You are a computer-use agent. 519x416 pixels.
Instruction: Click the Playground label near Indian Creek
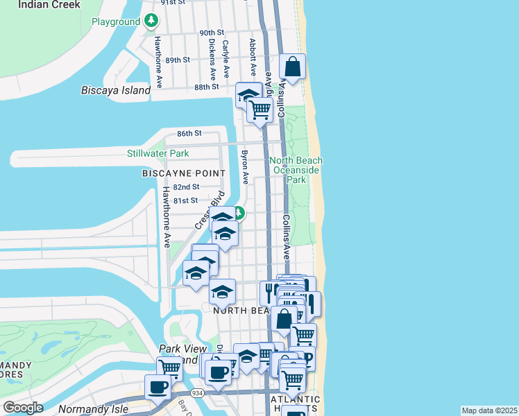pyautogui.click(x=115, y=22)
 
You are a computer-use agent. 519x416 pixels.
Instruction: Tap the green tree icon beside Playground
pyautogui.click(x=151, y=21)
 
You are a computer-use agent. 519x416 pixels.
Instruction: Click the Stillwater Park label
pyautogui.click(x=158, y=153)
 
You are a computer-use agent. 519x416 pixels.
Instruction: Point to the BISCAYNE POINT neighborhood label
pyautogui.click(x=183, y=173)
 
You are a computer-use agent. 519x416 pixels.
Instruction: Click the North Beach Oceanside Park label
pyautogui.click(x=296, y=170)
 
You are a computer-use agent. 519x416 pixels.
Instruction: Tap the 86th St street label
pyautogui.click(x=189, y=133)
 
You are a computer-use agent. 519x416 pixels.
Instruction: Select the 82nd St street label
pyautogui.click(x=186, y=187)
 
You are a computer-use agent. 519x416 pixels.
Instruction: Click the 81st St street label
pyautogui.click(x=185, y=200)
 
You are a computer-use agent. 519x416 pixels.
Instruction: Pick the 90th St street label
pyautogui.click(x=212, y=33)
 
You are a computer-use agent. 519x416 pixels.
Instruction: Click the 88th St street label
pyautogui.click(x=206, y=87)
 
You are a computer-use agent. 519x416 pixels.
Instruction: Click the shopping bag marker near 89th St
pyautogui.click(x=293, y=67)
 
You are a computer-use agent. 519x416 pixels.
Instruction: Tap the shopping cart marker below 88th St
pyautogui.click(x=259, y=108)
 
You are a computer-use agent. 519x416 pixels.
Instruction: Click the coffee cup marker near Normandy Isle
pyautogui.click(x=157, y=386)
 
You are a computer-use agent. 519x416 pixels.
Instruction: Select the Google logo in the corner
pyautogui.click(x=23, y=408)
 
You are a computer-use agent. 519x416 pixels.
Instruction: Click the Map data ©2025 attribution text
pyautogui.click(x=489, y=410)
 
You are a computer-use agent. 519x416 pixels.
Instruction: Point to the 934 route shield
pyautogui.click(x=198, y=393)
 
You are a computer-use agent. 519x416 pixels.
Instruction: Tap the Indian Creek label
pyautogui.click(x=49, y=4)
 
